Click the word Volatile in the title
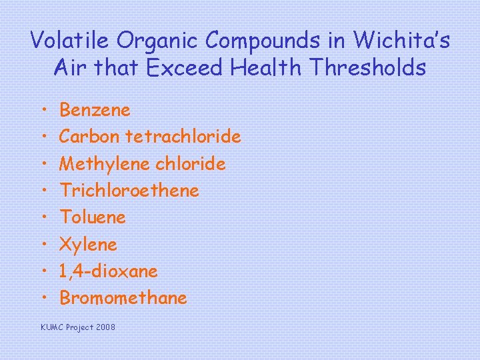click(71, 41)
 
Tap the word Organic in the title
click(158, 41)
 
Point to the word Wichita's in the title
click(401, 41)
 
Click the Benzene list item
click(95, 109)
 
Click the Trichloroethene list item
click(129, 191)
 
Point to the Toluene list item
click(93, 217)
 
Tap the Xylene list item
click(89, 245)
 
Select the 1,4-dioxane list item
click(109, 271)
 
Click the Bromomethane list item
click(123, 298)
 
